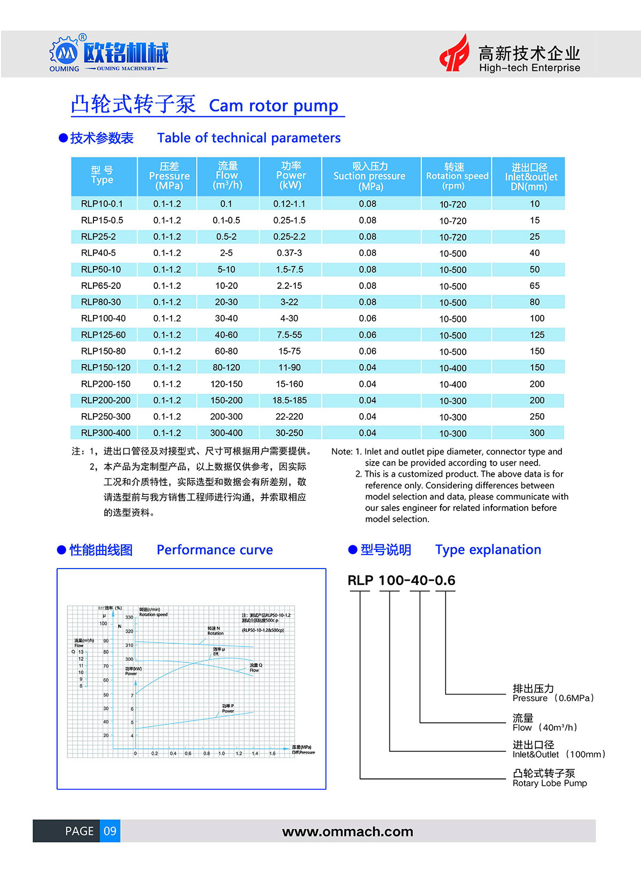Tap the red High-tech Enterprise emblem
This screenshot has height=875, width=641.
tap(454, 53)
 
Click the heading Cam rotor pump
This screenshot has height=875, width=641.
tap(273, 106)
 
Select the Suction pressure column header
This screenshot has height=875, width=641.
tap(370, 176)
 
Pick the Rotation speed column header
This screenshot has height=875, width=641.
tap(457, 176)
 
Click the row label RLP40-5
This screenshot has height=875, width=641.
tap(98, 253)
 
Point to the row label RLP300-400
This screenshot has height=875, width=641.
tap(106, 433)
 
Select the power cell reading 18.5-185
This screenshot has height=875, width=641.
tap(290, 400)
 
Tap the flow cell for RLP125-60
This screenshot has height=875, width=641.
tap(226, 335)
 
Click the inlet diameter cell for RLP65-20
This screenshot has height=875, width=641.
tap(535, 286)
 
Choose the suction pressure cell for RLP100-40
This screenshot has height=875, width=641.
tap(368, 318)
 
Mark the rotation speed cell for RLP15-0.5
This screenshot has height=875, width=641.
tap(453, 221)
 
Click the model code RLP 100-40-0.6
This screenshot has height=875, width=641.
tap(401, 581)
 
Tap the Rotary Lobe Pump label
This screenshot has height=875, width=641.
tap(550, 783)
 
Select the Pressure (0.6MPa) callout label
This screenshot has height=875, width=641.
tap(553, 698)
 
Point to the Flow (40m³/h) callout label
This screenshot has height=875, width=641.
tap(545, 728)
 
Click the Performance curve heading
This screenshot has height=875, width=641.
tap(215, 550)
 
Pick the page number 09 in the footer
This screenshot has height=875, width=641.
tap(110, 831)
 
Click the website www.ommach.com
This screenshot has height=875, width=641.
tap(347, 832)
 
